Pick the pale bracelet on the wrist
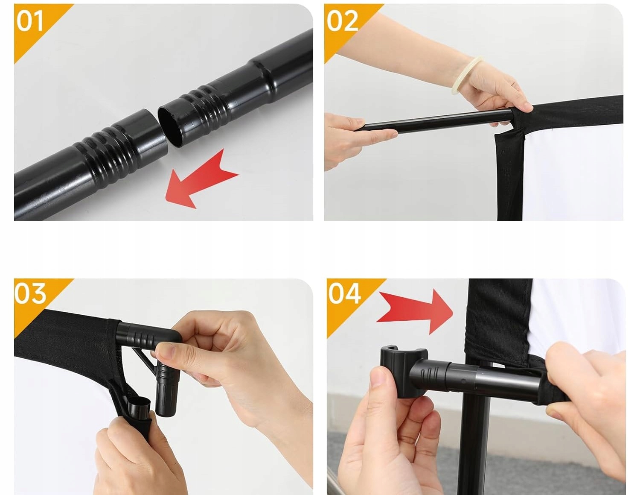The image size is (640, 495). (467, 75)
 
